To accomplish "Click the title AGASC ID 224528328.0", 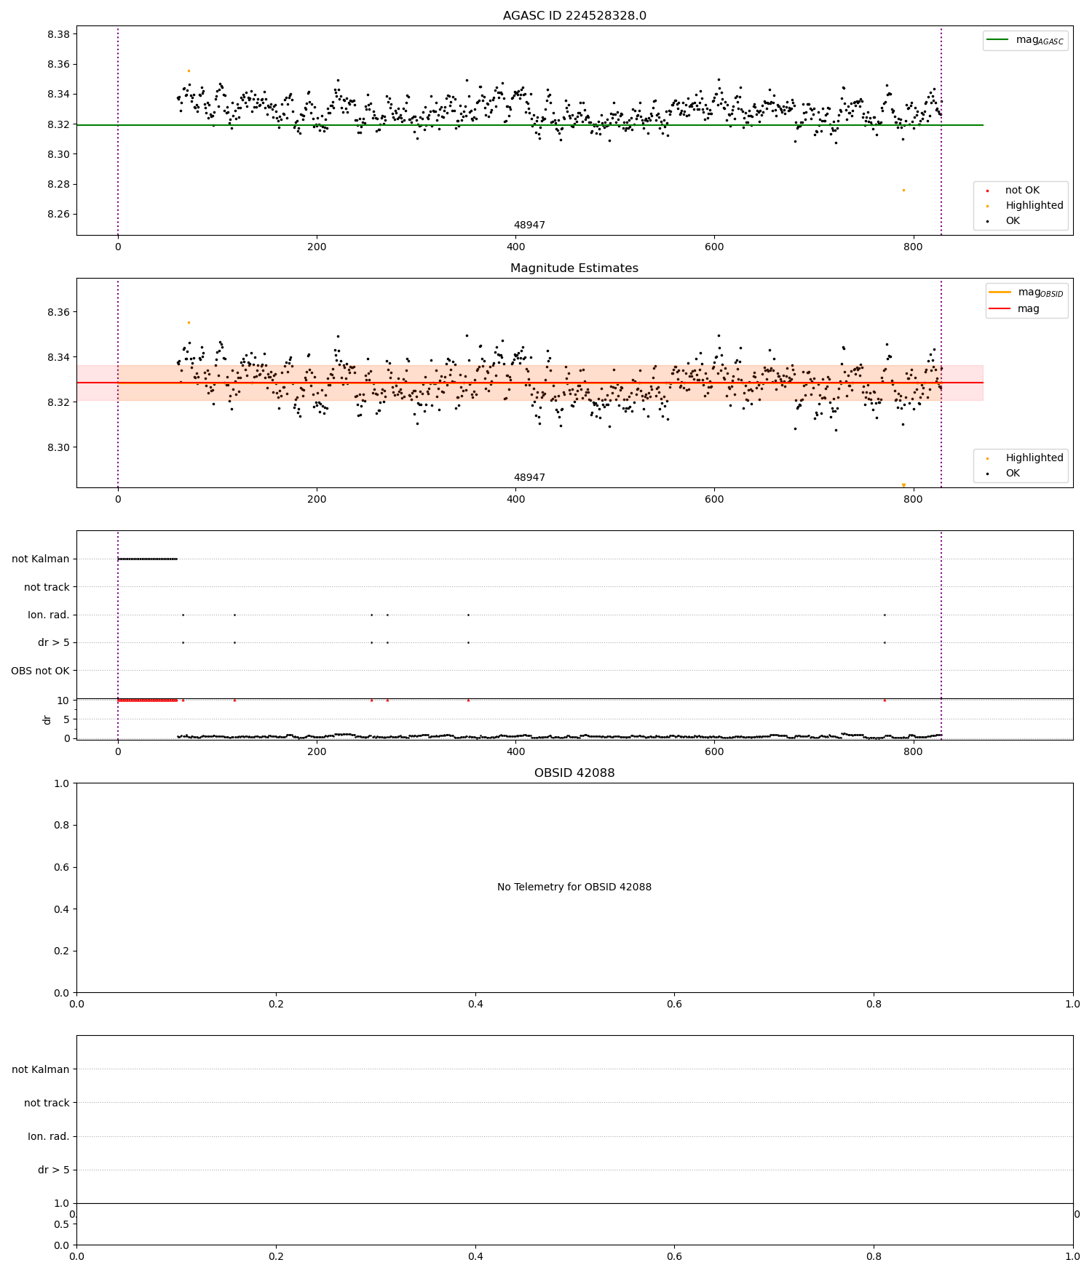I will coord(574,16).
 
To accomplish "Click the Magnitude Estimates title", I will coord(574,268).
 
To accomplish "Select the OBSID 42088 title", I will coord(574,773).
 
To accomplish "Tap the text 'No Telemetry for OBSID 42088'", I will coord(574,887).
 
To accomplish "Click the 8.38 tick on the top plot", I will coord(58,34).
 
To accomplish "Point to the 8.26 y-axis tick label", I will coord(58,214).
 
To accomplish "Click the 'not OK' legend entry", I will coord(1022,191).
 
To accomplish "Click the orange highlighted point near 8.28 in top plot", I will coord(903,190).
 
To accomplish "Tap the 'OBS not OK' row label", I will coord(40,671).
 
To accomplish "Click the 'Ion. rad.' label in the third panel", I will coord(48,615).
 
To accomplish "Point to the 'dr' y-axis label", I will coord(47,719).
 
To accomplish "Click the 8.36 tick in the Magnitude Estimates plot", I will coord(58,312).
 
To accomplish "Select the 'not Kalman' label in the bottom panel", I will coord(40,1069).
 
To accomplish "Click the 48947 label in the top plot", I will coord(529,226).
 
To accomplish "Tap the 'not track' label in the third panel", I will coord(47,587).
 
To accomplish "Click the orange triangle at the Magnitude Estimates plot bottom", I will coord(903,485).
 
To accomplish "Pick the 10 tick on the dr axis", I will coord(63,701).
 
